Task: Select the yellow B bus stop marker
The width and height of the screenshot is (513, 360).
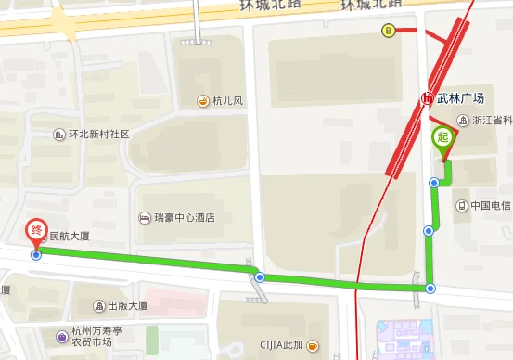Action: tap(388, 30)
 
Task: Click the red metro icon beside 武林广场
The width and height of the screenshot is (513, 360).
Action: tap(427, 96)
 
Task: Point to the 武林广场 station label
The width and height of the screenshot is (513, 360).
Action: tap(460, 96)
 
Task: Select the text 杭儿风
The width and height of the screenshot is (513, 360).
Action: tap(226, 101)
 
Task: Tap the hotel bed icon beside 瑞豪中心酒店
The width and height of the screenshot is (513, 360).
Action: tap(145, 218)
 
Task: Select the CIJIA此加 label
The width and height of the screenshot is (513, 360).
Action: tap(281, 346)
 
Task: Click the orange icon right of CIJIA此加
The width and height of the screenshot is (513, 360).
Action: tap(314, 346)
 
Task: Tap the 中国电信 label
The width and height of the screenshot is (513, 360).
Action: tap(490, 206)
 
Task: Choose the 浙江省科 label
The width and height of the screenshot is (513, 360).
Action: tap(492, 122)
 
